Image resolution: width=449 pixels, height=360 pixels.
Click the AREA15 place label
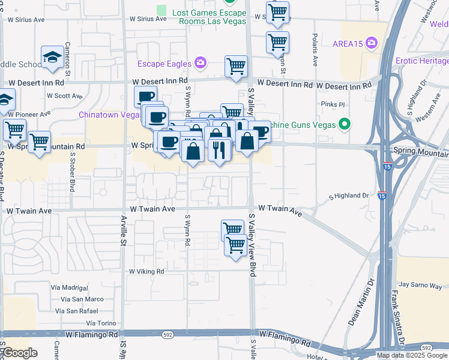[x=349, y=43]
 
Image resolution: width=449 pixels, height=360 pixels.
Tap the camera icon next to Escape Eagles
[x=200, y=63]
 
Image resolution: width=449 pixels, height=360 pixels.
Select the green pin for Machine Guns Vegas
[x=344, y=125]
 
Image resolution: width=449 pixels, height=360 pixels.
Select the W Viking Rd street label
[x=146, y=271]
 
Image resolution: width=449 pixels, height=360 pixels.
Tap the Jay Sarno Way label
[x=420, y=284]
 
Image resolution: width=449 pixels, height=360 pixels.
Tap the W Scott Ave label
[x=64, y=96]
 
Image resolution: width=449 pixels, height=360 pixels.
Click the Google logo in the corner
[x=20, y=353]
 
